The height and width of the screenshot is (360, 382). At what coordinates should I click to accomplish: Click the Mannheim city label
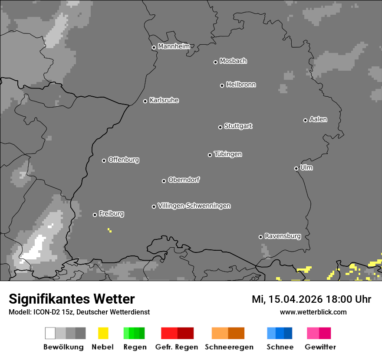coord(174,46)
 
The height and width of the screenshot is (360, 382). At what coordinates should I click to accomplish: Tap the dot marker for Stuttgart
coord(220,127)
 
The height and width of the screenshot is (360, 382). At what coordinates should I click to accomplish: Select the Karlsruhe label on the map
coord(164,100)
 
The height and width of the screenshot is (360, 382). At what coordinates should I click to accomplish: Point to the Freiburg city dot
coord(95,215)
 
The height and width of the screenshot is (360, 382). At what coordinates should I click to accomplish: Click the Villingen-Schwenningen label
coord(194,206)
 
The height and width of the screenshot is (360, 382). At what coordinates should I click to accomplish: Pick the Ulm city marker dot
coord(296,168)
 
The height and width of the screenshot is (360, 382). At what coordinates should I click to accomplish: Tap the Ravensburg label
coord(283,236)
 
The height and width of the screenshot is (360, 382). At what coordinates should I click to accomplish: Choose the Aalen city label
coord(318,119)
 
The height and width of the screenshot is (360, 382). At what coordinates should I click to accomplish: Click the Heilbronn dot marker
coord(222,85)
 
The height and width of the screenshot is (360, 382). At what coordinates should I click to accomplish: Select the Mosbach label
coord(233,61)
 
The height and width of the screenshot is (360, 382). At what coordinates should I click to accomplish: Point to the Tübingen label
coord(228,154)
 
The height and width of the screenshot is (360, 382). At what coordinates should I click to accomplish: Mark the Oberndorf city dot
coord(164,181)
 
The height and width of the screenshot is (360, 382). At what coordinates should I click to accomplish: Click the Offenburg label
coord(124,160)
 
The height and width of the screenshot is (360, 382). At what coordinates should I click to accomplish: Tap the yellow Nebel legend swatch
coord(103,333)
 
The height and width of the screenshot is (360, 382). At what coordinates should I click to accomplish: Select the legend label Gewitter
coord(320,347)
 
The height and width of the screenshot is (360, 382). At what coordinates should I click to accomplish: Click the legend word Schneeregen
coord(229,347)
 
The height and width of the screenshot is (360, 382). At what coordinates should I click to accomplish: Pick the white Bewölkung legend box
coord(50,333)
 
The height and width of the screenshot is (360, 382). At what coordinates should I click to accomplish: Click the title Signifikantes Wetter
coord(72,299)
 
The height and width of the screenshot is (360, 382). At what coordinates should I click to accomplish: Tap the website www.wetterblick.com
coord(313,312)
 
